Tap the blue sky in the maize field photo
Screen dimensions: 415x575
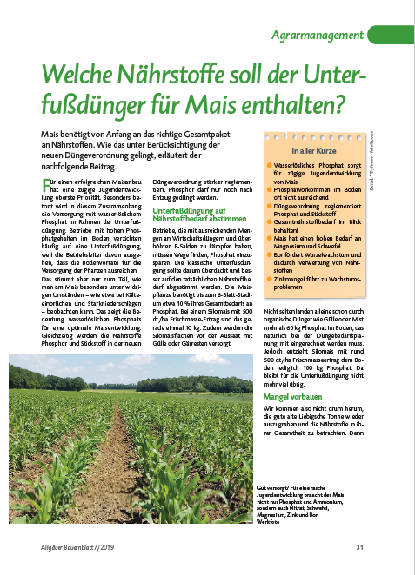pos(131,365)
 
